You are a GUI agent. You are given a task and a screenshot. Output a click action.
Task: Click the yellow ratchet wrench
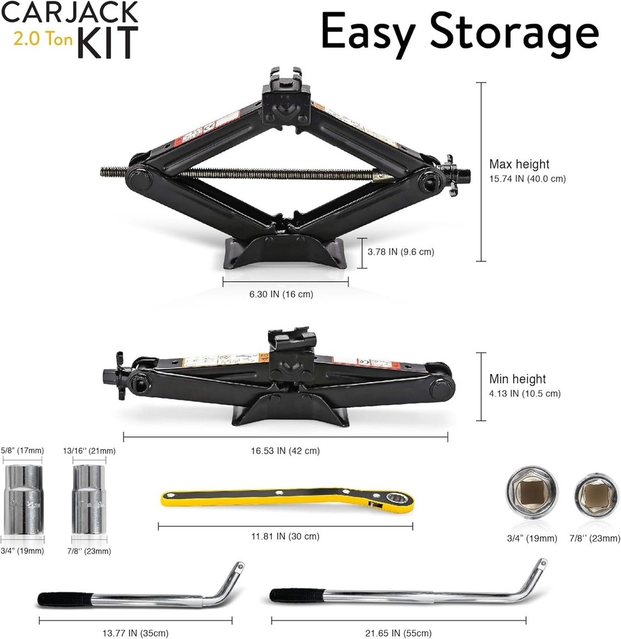point(287,502)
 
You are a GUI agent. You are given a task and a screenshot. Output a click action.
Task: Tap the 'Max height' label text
point(519,164)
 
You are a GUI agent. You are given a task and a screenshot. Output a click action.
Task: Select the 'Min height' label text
point(517,380)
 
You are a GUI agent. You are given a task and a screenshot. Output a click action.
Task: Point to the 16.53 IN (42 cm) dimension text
point(285,450)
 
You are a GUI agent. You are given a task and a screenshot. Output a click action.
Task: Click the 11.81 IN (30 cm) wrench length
point(285,536)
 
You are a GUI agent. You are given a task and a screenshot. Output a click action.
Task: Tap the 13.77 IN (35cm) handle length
point(135,633)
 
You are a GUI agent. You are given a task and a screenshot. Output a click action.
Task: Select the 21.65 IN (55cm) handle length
point(398,633)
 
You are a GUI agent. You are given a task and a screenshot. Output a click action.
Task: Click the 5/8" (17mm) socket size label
point(22,450)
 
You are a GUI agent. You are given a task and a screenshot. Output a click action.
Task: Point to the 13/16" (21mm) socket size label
point(89,450)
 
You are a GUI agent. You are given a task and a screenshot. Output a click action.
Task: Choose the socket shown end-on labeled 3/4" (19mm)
point(530,493)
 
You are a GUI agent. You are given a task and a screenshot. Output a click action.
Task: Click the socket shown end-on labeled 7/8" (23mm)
point(596,496)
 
